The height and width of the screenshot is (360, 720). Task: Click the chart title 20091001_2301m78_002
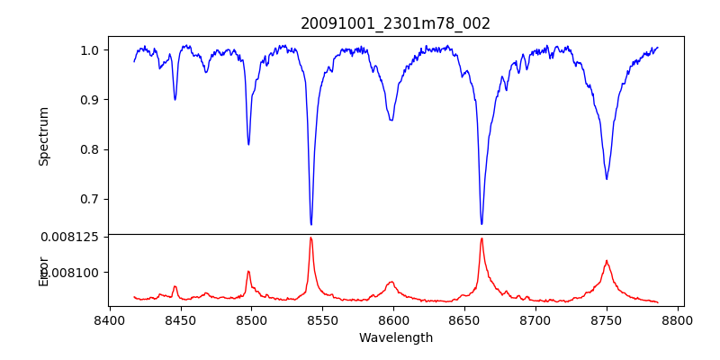[x=395, y=23]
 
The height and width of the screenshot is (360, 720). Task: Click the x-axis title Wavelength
[x=395, y=337]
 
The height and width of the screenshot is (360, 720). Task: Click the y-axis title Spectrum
[x=43, y=136]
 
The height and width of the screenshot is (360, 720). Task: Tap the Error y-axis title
[x=43, y=270]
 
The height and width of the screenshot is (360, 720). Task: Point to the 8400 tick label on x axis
[x=109, y=320]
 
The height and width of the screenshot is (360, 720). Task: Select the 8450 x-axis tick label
[x=180, y=320]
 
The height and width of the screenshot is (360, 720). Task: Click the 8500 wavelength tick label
[x=251, y=320]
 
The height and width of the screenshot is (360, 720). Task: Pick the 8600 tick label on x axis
[x=393, y=320]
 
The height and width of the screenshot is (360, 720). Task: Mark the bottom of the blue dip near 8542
[x=311, y=224]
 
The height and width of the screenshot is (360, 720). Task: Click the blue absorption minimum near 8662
[x=481, y=223]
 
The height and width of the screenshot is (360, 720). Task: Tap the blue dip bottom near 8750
[x=607, y=178]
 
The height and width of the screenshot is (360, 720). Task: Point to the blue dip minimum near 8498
[x=248, y=144]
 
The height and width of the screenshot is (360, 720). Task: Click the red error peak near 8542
[x=310, y=238]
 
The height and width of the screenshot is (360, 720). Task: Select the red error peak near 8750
[x=607, y=261]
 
